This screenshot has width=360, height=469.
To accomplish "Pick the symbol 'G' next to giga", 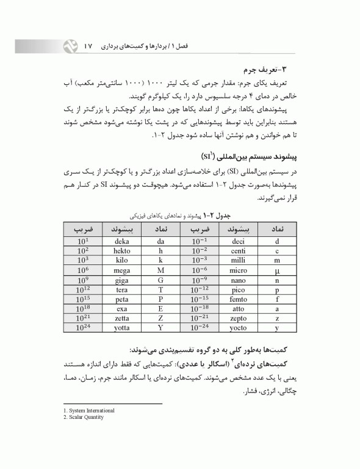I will click(x=161, y=280).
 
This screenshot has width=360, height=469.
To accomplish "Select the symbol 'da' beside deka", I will click(x=161, y=241).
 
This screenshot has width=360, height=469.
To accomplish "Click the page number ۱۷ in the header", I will click(x=87, y=46).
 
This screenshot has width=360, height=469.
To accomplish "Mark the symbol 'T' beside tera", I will click(x=161, y=289).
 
